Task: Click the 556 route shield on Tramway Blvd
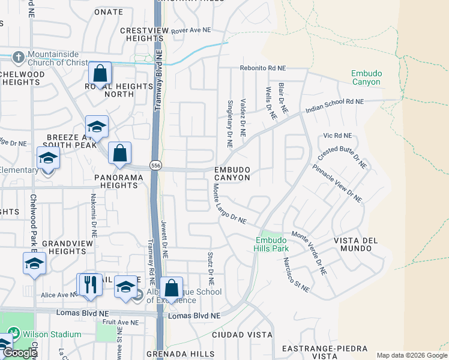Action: click(155, 166)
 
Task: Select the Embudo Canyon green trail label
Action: click(366, 77)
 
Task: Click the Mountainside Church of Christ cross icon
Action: click(19, 58)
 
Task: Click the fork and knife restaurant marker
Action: click(91, 284)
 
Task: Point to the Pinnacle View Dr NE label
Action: click(337, 181)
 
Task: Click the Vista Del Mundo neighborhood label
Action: click(356, 245)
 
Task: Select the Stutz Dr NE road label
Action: click(211, 268)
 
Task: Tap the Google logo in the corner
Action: click(20, 353)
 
